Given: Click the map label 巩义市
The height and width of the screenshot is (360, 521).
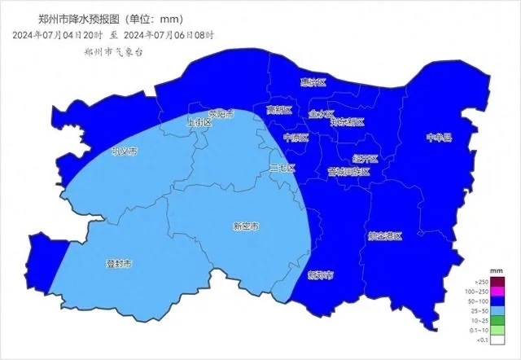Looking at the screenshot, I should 124,151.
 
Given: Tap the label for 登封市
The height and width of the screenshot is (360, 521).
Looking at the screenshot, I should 119,263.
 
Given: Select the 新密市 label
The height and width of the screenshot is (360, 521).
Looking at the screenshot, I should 245,226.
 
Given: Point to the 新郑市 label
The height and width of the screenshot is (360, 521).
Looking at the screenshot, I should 320,275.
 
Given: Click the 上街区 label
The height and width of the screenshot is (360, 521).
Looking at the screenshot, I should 199,122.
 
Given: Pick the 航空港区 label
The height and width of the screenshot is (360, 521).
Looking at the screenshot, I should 385,235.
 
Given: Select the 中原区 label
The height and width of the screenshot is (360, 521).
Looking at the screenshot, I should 296,138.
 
